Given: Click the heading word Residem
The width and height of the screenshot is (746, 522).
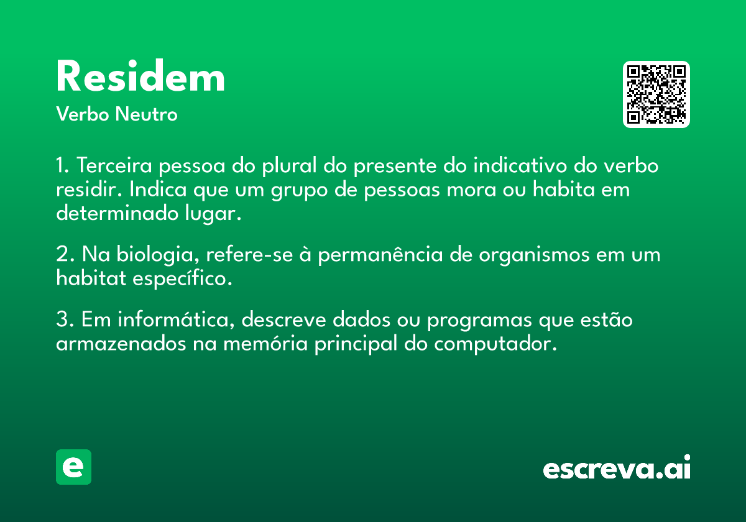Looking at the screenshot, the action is [140, 76].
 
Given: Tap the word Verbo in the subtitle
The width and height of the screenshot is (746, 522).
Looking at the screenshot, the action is [83, 114].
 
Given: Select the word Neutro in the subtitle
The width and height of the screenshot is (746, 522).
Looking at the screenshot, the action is [146, 114].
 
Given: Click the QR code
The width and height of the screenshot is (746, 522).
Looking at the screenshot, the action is [656, 94].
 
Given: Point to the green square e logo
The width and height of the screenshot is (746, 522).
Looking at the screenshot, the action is [73, 467].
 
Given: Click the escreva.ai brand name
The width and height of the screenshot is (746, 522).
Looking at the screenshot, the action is [617, 467].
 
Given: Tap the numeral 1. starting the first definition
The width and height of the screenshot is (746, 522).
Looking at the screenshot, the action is [62, 165].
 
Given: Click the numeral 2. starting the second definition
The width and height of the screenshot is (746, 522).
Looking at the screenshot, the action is [65, 254].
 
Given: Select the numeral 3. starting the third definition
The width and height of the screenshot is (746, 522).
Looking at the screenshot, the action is [65, 319].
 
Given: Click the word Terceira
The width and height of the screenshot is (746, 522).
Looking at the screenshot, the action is [114, 165].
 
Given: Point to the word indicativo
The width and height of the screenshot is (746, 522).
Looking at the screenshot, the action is [520, 165].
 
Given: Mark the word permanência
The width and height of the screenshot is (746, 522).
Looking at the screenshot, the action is [380, 255].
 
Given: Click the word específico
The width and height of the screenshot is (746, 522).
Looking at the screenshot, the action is [182, 279].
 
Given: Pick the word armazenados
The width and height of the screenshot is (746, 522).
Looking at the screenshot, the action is [121, 344].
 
